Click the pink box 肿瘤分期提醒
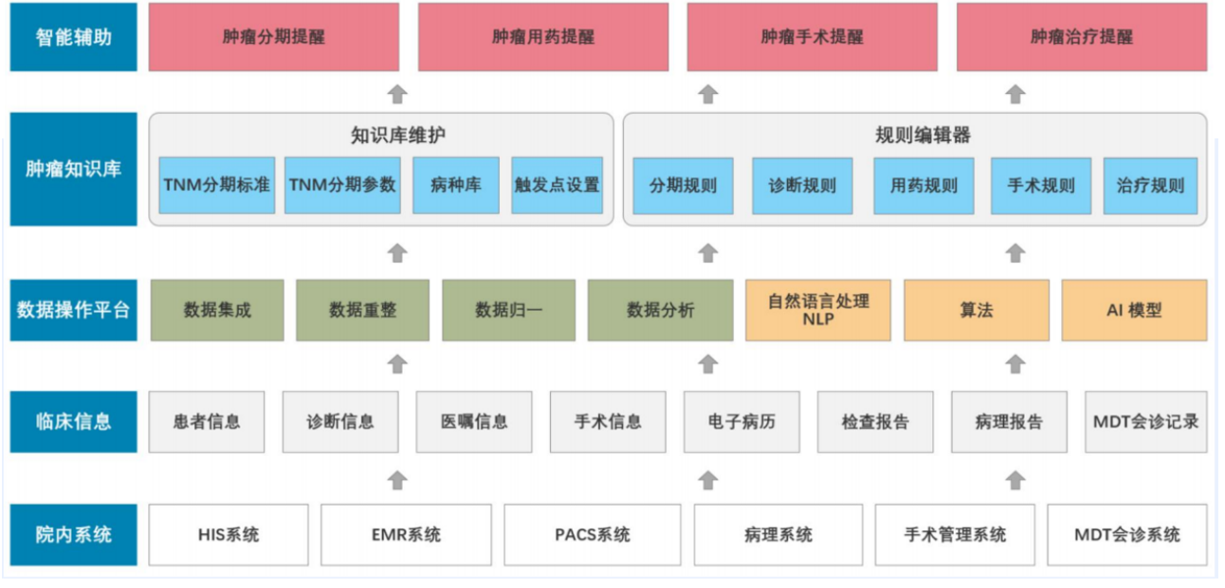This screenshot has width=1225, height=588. pyautogui.click(x=274, y=37)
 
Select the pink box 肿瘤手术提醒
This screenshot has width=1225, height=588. pyautogui.click(x=813, y=37)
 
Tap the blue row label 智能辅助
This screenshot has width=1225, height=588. pyautogui.click(x=73, y=37)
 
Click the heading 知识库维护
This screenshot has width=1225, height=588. pyautogui.click(x=397, y=135)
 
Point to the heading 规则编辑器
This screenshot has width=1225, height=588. pyautogui.click(x=923, y=135)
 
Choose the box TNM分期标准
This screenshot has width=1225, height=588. pyautogui.click(x=217, y=186)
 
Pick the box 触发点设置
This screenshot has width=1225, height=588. pyautogui.click(x=557, y=186)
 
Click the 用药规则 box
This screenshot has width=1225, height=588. pyautogui.click(x=923, y=186)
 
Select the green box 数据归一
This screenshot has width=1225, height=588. pyautogui.click(x=508, y=310)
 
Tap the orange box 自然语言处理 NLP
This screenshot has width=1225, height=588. pyautogui.click(x=818, y=310)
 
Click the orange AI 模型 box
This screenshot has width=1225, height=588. pyautogui.click(x=1134, y=310)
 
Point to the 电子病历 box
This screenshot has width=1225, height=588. pyautogui.click(x=741, y=422)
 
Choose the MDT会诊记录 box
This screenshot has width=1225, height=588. pyautogui.click(x=1145, y=422)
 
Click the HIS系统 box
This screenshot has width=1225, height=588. pyautogui.click(x=229, y=534)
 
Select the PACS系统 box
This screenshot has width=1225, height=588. pyautogui.click(x=593, y=534)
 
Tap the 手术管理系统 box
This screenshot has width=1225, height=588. pyautogui.click(x=955, y=534)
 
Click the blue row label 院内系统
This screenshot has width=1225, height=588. pyautogui.click(x=73, y=534)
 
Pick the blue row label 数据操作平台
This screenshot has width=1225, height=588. pyautogui.click(x=73, y=310)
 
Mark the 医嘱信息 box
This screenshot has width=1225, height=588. pyautogui.click(x=473, y=422)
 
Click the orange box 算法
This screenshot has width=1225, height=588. pyautogui.click(x=977, y=310)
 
